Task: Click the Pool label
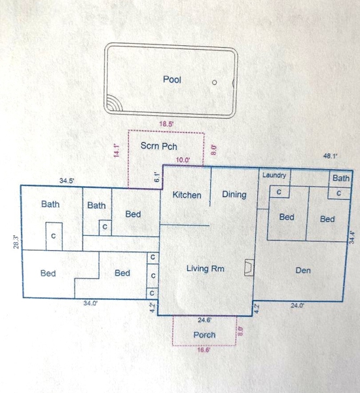pyautogui.click(x=172, y=79)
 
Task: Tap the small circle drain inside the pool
pyautogui.click(x=215, y=83)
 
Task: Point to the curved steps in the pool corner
pyautogui.click(x=114, y=104)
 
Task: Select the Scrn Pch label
pyautogui.click(x=159, y=146)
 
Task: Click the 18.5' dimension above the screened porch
pyautogui.click(x=167, y=124)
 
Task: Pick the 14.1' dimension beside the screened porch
pyautogui.click(x=117, y=151)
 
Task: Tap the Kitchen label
pyautogui.click(x=187, y=195)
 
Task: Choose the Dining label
pyautogui.click(x=234, y=195)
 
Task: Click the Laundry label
pyautogui.click(x=274, y=175)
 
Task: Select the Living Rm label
pyautogui.click(x=205, y=269)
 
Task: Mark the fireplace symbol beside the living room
pyautogui.click(x=249, y=268)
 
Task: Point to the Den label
pyautogui.click(x=303, y=270)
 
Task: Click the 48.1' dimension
pyautogui.click(x=331, y=156)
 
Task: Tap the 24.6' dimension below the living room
pyautogui.click(x=205, y=320)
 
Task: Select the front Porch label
pyautogui.click(x=204, y=335)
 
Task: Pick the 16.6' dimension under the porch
pyautogui.click(x=204, y=350)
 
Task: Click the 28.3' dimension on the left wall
pyautogui.click(x=16, y=242)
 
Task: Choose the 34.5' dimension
pyautogui.click(x=67, y=181)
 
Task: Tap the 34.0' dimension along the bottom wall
pyautogui.click(x=90, y=303)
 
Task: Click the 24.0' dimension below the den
pyautogui.click(x=297, y=305)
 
